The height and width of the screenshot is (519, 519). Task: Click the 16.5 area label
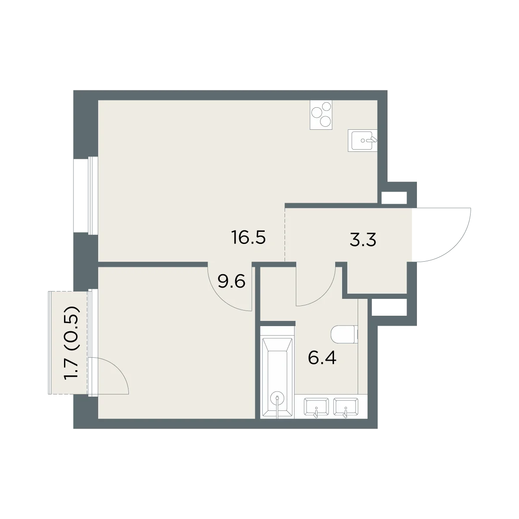point(248,237)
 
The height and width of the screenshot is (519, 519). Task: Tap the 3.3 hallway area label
point(363,240)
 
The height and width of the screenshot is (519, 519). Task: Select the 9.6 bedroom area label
point(231,282)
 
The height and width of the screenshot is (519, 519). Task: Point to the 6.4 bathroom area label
point(322,358)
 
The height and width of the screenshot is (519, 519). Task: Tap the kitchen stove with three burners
point(321,115)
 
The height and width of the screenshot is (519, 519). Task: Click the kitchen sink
point(362,140)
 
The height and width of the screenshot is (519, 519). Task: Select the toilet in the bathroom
point(344,334)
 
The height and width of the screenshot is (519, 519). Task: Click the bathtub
point(277,372)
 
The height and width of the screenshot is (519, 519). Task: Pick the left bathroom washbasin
point(316,407)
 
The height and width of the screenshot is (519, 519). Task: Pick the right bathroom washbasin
point(346,407)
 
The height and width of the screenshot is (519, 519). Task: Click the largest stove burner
point(316,112)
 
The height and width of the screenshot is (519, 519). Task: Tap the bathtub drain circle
point(277,397)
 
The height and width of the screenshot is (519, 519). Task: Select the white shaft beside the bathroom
point(389,307)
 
